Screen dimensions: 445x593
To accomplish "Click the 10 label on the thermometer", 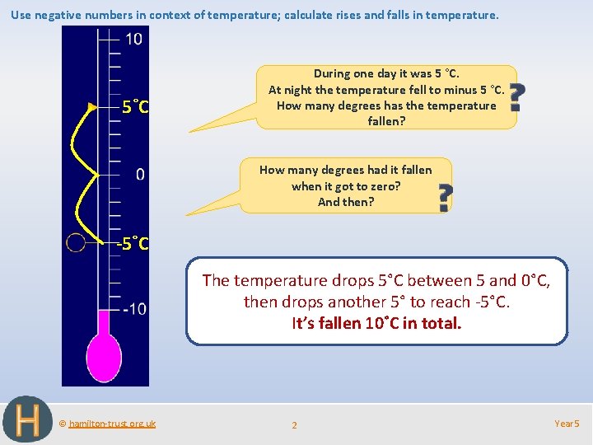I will [133, 39].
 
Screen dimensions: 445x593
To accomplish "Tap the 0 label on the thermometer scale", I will [140, 174].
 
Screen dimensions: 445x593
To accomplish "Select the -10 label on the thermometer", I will [135, 309].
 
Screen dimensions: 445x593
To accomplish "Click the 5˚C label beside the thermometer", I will [135, 106].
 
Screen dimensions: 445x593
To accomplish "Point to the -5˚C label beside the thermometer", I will [133, 244].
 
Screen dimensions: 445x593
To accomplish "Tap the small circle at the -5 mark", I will [76, 242].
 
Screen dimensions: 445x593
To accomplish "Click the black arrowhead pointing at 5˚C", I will [92, 106].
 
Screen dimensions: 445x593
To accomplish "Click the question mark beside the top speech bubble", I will [516, 97].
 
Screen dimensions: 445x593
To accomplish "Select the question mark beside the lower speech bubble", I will [444, 198].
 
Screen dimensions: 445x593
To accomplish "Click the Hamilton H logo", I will [27, 419].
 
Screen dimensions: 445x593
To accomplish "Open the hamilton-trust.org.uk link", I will [111, 424].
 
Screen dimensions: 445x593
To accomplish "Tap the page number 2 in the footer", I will [295, 425].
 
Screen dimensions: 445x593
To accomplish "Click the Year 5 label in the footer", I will [567, 424].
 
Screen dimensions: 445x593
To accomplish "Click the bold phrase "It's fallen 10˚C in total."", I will [377, 323].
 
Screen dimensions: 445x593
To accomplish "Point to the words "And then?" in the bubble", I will [346, 202].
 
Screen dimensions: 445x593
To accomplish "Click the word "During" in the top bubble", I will [333, 73].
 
